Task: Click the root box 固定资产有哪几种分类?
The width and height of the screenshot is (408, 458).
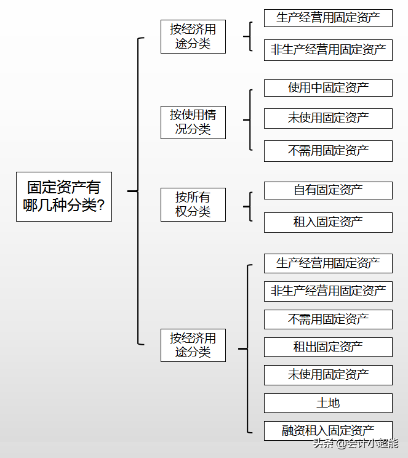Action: tap(63, 196)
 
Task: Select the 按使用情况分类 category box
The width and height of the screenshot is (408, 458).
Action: tap(193, 122)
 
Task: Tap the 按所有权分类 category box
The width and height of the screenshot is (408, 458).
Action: tap(193, 204)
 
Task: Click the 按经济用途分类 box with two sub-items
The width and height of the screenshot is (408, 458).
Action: tap(193, 36)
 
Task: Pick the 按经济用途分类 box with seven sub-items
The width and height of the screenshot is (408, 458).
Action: tap(193, 345)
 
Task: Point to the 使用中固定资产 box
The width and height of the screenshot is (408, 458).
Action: tap(328, 87)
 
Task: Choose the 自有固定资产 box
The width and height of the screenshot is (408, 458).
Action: tap(328, 190)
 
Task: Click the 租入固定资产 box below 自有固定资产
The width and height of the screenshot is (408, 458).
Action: tap(328, 222)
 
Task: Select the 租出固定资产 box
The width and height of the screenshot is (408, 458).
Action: tap(328, 347)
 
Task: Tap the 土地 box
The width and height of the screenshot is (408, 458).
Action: tap(328, 403)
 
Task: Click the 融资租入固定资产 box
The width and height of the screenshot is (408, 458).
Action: tap(328, 431)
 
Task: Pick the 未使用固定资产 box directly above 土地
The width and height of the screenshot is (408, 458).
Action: tap(328, 375)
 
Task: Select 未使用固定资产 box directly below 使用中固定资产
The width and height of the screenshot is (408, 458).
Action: tap(328, 118)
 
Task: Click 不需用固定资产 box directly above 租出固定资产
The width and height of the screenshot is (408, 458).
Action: tap(328, 319)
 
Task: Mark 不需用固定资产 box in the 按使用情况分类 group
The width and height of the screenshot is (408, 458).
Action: tap(328, 151)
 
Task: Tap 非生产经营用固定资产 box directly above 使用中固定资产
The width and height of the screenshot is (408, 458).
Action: tap(328, 50)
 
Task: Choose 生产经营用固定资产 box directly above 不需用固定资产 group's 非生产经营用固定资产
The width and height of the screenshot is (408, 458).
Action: tap(328, 263)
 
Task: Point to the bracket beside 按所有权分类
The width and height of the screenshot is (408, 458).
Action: tap(249, 206)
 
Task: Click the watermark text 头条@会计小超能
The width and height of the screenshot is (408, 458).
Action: tap(355, 443)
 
